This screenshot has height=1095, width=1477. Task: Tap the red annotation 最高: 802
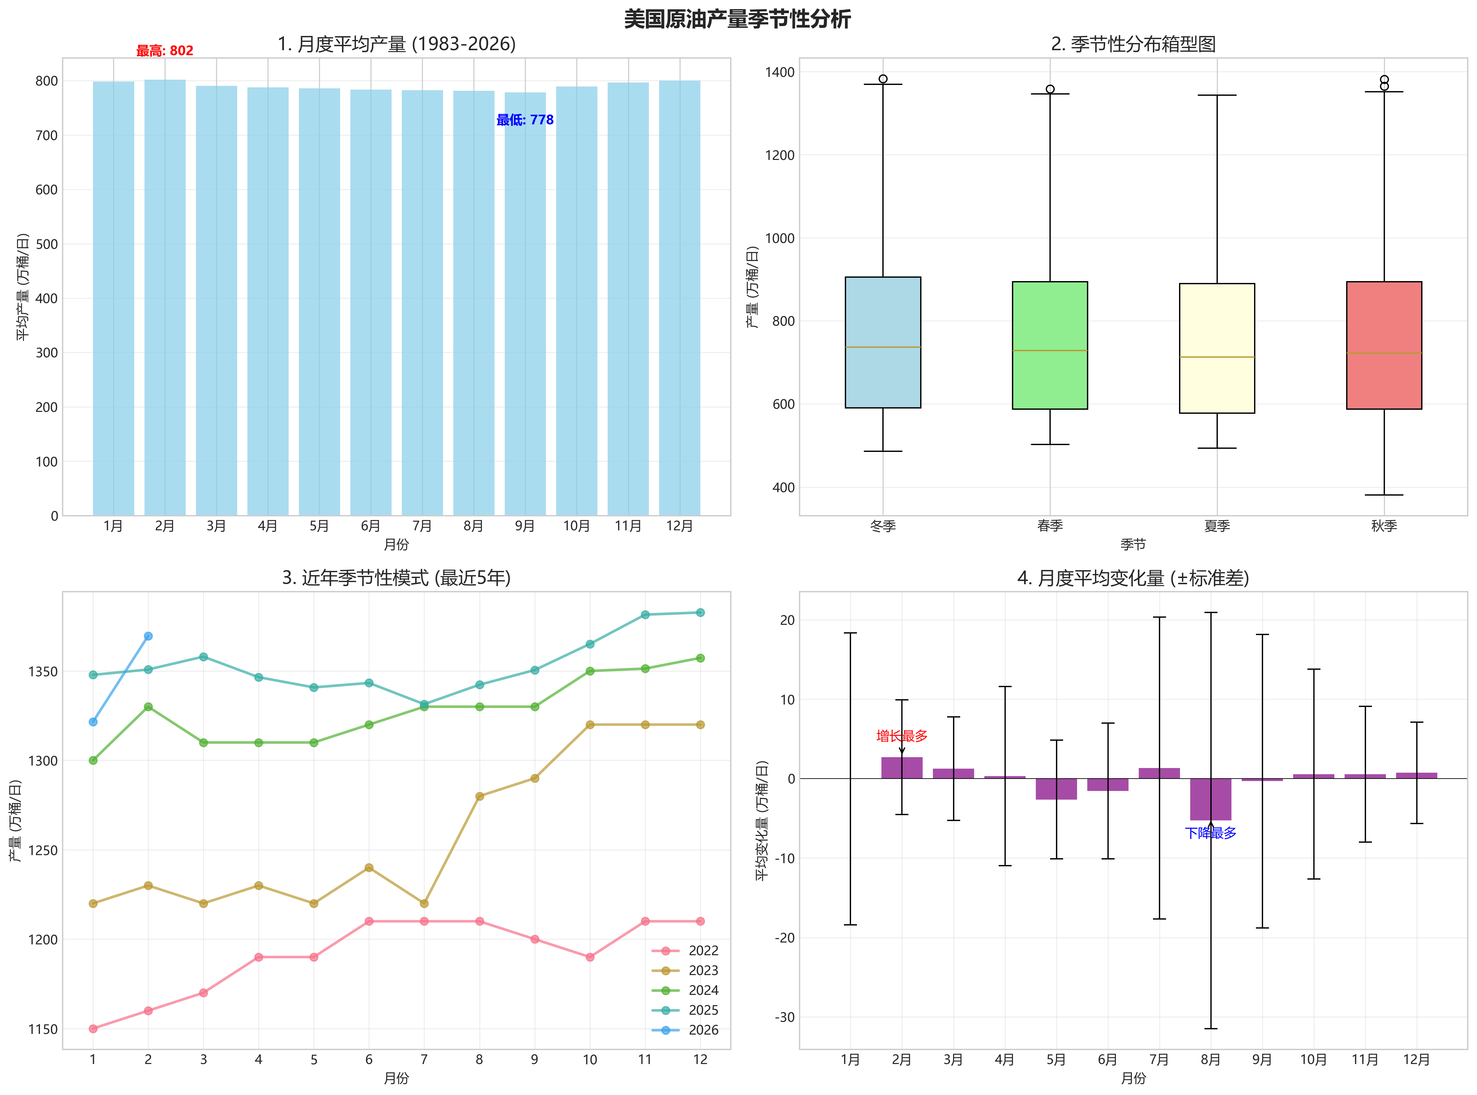(164, 51)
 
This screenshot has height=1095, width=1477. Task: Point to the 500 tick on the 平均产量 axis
(47, 244)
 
